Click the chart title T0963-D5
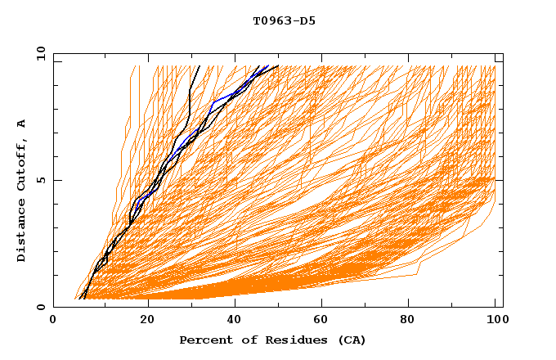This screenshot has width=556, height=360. [285, 20]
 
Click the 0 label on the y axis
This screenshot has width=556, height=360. [40, 308]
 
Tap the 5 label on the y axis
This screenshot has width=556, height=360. [40, 180]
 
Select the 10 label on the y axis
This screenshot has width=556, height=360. [38, 53]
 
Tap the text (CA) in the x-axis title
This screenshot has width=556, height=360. [350, 340]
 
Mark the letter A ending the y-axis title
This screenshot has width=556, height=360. [22, 123]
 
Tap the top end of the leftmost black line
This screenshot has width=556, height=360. [199, 65]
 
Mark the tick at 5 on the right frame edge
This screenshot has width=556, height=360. [500, 180]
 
